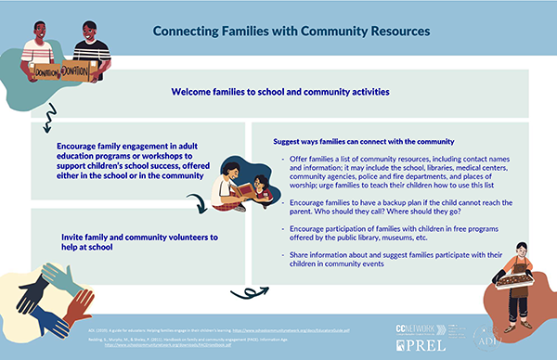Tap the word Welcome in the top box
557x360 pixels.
[195, 92]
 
